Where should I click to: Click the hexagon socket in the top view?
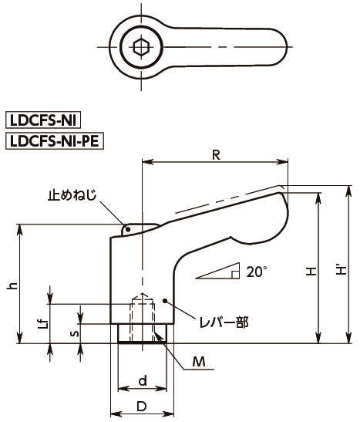[141, 47]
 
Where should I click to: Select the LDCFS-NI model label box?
[43, 120]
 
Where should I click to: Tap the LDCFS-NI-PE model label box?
[55, 140]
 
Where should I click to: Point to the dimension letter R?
[216, 155]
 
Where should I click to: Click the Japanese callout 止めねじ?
[72, 195]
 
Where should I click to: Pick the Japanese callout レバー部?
[224, 322]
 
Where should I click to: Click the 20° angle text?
[257, 272]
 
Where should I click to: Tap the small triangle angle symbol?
[217, 271]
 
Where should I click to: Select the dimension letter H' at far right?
[341, 271]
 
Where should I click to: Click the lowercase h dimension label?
[12, 285]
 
